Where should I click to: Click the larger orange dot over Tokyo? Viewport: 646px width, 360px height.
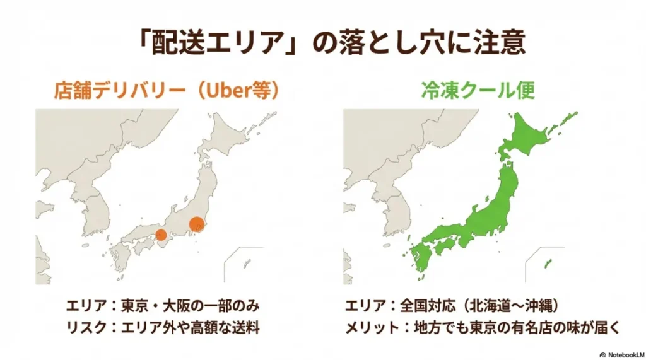point(197,224)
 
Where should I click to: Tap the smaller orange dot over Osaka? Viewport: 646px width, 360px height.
point(161,235)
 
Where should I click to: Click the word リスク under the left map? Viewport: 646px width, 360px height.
point(84,328)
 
